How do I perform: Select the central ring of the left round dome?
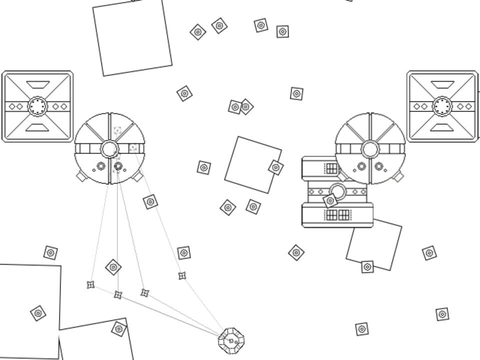click(x=109, y=148)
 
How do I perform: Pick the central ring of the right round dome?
click(x=370, y=148)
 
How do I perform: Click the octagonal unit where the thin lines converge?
click(x=231, y=340)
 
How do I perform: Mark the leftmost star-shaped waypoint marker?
click(x=90, y=284)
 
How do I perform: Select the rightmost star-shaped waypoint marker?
click(x=182, y=275)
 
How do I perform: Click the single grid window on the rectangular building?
click(x=332, y=168)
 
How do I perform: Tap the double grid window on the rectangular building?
click(x=337, y=215)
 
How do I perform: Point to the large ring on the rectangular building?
click(x=338, y=191)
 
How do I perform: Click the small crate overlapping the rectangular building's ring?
click(x=329, y=201)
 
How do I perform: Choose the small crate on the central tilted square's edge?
click(x=275, y=167)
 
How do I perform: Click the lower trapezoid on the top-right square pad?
click(x=442, y=127)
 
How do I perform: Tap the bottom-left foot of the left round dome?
click(x=81, y=176)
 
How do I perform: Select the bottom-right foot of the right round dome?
click(x=398, y=176)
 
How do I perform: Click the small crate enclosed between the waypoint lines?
click(x=113, y=267)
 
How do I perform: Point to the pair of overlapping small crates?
click(x=240, y=106)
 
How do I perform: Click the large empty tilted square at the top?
click(x=132, y=37)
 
